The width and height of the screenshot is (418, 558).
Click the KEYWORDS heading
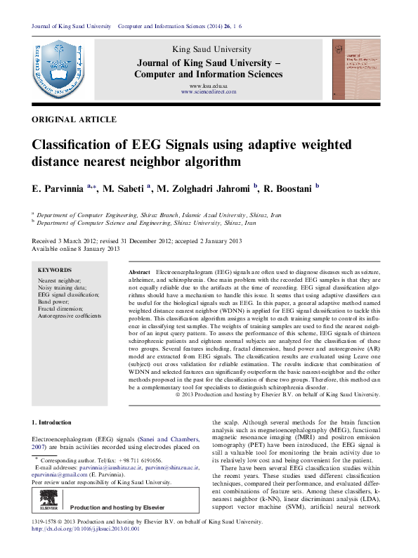pyautogui.click(x=55, y=270)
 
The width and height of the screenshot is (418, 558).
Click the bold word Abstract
pyautogui.click(x=140, y=271)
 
